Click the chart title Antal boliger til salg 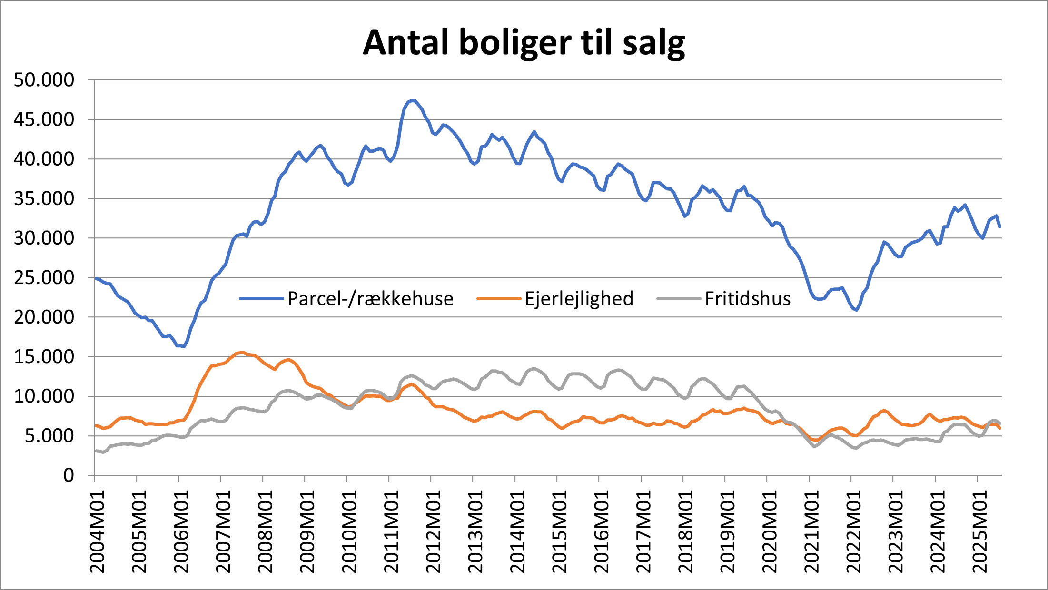click(x=524, y=43)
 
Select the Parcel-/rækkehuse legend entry click(x=370, y=299)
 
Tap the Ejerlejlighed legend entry click(x=579, y=299)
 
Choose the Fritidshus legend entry click(x=747, y=299)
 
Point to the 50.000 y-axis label click(x=44, y=80)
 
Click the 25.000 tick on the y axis click(x=44, y=277)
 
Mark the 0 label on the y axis click(x=69, y=475)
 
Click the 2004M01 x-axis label click(x=97, y=532)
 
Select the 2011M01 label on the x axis click(x=391, y=532)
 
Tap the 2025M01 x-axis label click(x=980, y=532)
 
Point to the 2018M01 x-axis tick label click(x=685, y=532)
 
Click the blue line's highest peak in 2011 click(x=413, y=100)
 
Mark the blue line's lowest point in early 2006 click(x=184, y=346)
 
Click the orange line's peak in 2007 click(x=243, y=353)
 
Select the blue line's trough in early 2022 click(x=856, y=310)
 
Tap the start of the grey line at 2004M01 click(x=96, y=451)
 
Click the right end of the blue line click(x=1000, y=227)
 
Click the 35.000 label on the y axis click(x=44, y=198)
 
